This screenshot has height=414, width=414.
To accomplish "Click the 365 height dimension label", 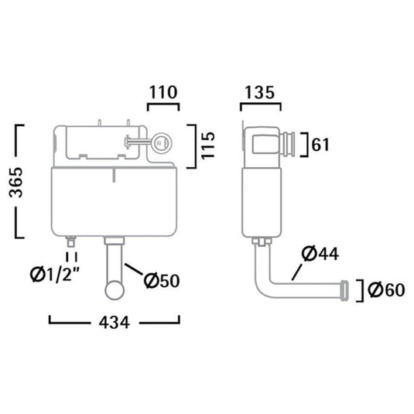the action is (16, 182).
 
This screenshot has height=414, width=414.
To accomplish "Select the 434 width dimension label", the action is (115, 323).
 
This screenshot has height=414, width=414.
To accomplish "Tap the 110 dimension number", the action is (163, 92).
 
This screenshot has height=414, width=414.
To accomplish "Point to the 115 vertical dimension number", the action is (208, 145).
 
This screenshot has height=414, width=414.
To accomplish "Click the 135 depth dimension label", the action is (260, 92).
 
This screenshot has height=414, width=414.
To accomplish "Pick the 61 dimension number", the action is (320, 145).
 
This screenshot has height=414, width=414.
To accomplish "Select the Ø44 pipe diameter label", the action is (320, 254).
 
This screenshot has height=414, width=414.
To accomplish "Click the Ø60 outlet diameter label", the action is (386, 289).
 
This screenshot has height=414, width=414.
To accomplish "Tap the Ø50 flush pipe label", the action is (162, 280).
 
